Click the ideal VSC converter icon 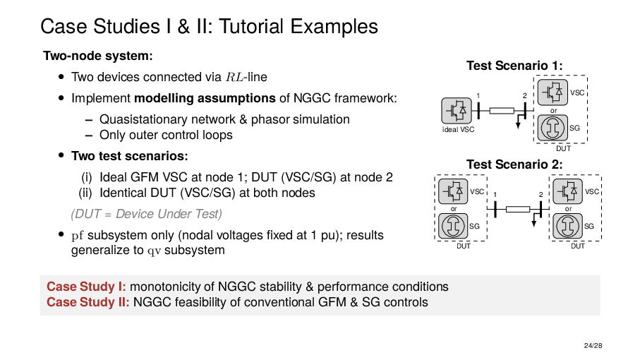[x=454, y=110]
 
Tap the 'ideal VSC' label [x=458, y=130]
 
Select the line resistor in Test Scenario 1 [x=502, y=110]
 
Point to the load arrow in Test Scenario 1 [x=519, y=123]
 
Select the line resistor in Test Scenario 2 [x=517, y=209]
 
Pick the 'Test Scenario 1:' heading [x=514, y=66]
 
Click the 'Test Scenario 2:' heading [x=514, y=164]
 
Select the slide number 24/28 [x=591, y=345]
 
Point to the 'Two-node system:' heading [x=98, y=55]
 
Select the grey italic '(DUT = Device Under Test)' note [x=146, y=213]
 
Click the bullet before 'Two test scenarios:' [x=61, y=155]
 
